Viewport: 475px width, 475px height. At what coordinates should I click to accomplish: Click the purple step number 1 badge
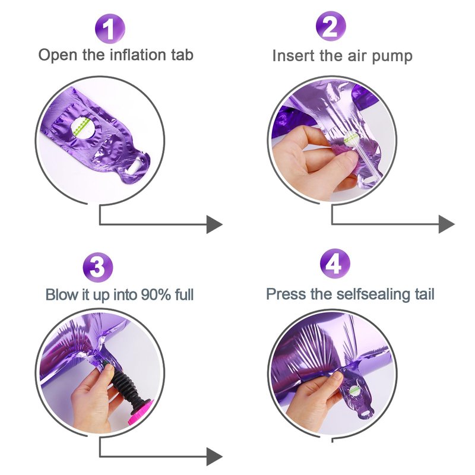[110, 28]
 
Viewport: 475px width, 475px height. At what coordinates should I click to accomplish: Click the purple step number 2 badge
[331, 26]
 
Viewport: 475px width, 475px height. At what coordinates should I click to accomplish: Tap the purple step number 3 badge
[98, 268]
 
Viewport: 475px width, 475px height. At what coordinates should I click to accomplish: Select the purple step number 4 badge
[335, 263]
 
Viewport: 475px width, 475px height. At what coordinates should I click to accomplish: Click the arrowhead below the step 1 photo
[214, 224]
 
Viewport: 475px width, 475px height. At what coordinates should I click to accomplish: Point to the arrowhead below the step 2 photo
[447, 224]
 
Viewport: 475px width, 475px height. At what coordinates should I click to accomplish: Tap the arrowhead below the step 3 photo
[214, 457]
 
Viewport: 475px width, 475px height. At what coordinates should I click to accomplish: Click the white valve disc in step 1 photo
[82, 128]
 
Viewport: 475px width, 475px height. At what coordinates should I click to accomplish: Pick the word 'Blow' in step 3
[62, 294]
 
